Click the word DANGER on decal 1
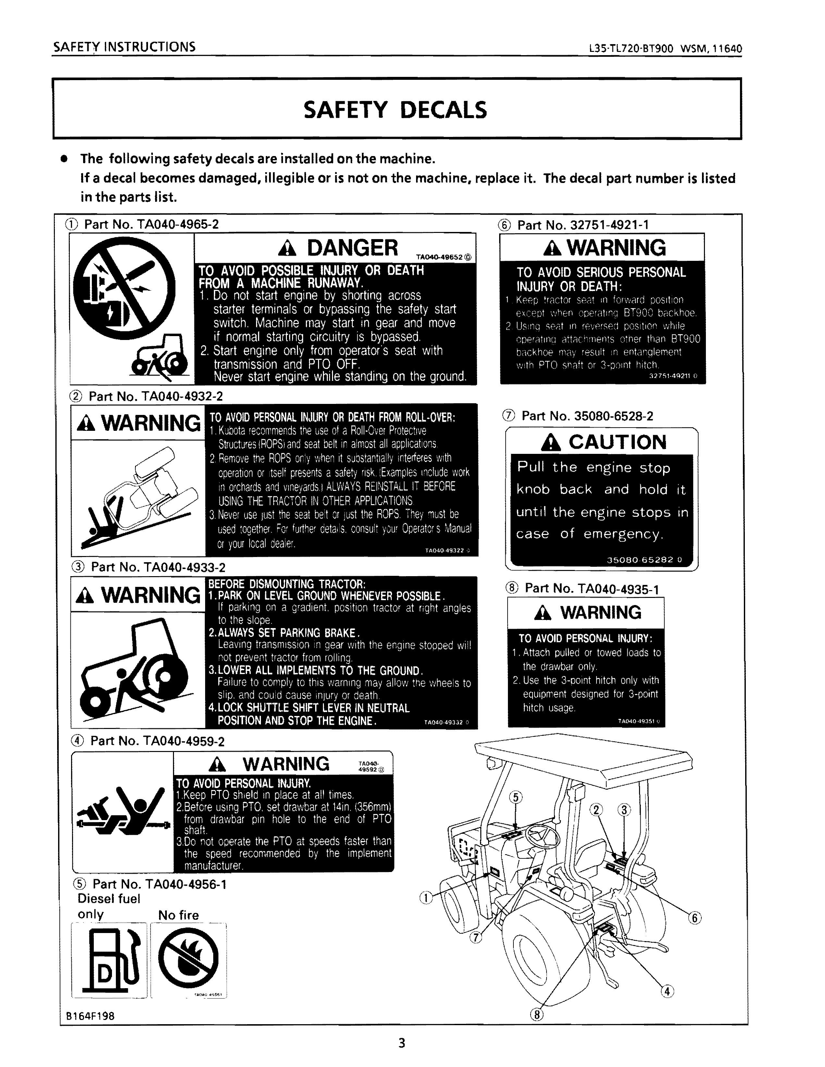coord(352,248)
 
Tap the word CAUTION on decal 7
coord(617,442)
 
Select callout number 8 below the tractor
coord(536,1015)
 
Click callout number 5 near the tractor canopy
coord(516,798)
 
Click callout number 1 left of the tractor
coord(426,897)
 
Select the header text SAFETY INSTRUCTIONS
coord(124,47)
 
